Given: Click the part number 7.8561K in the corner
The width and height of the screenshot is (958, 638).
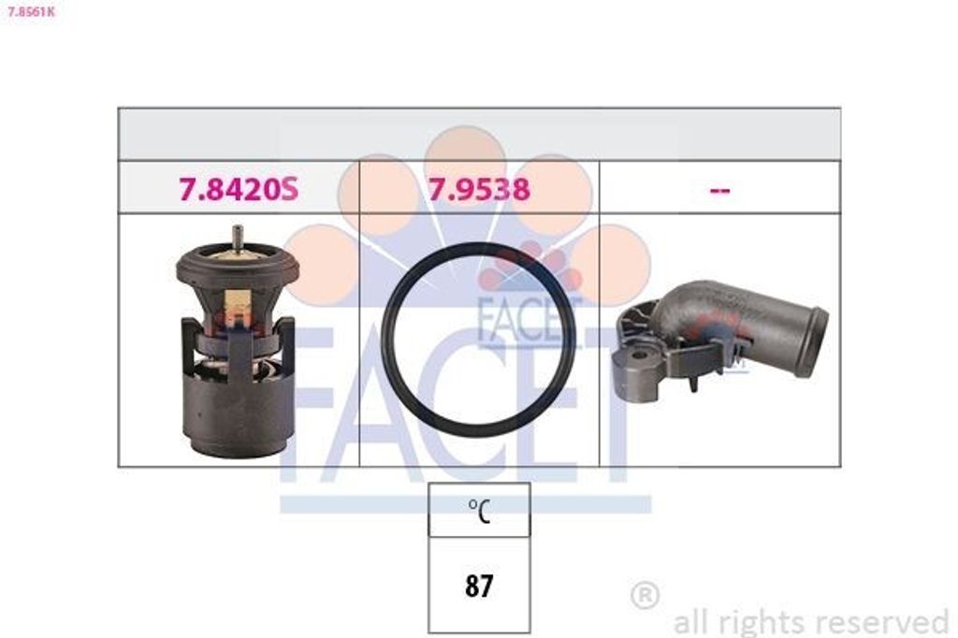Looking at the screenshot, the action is coord(29,10).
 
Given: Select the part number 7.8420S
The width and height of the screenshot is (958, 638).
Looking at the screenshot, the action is coord(239,189).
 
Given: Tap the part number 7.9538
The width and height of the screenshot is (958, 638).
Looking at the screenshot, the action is coord(479,189).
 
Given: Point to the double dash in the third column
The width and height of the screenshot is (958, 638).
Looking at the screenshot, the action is coord(720,191).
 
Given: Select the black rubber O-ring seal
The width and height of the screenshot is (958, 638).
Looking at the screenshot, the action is coord(478,341).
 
